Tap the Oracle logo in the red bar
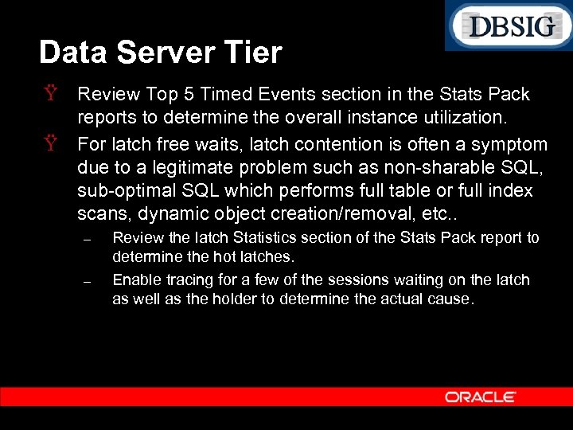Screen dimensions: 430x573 [x=480, y=397]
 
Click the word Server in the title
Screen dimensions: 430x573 [x=165, y=53]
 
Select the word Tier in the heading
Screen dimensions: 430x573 [x=254, y=53]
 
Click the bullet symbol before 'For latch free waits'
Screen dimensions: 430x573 [x=51, y=144]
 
